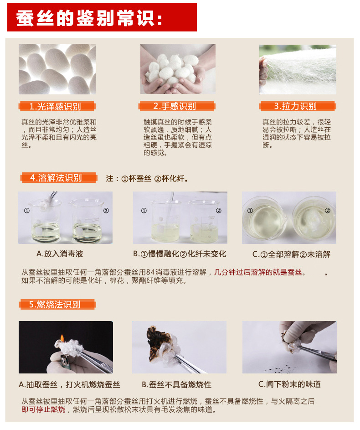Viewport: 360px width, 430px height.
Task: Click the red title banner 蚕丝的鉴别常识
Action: pos(102,17)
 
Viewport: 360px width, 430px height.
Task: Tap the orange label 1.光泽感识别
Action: pos(57,106)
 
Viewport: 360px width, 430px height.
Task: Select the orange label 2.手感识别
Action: pos(177,106)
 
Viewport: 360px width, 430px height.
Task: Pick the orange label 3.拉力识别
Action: pos(298,106)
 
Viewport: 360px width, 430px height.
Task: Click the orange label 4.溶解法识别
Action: pos(59,178)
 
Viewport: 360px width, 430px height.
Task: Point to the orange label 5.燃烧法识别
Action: pos(57,305)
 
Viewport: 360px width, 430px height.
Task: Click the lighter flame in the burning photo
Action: pos(62,338)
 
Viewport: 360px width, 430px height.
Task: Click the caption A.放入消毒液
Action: pos(60,254)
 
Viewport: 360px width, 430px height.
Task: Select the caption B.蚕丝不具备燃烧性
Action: pos(177,384)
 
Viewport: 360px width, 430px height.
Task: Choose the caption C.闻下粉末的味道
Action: pos(289,384)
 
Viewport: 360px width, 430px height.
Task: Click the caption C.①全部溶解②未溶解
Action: pos(291,254)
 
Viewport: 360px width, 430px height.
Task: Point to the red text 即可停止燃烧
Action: pos(43,409)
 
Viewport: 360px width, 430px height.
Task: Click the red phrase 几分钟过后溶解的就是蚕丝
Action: pos(258,272)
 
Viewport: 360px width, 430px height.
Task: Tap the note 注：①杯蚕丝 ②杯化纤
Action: pos(147,179)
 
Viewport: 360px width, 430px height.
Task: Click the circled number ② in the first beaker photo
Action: pos(106,211)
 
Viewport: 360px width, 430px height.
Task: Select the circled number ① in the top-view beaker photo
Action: pos(250,211)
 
